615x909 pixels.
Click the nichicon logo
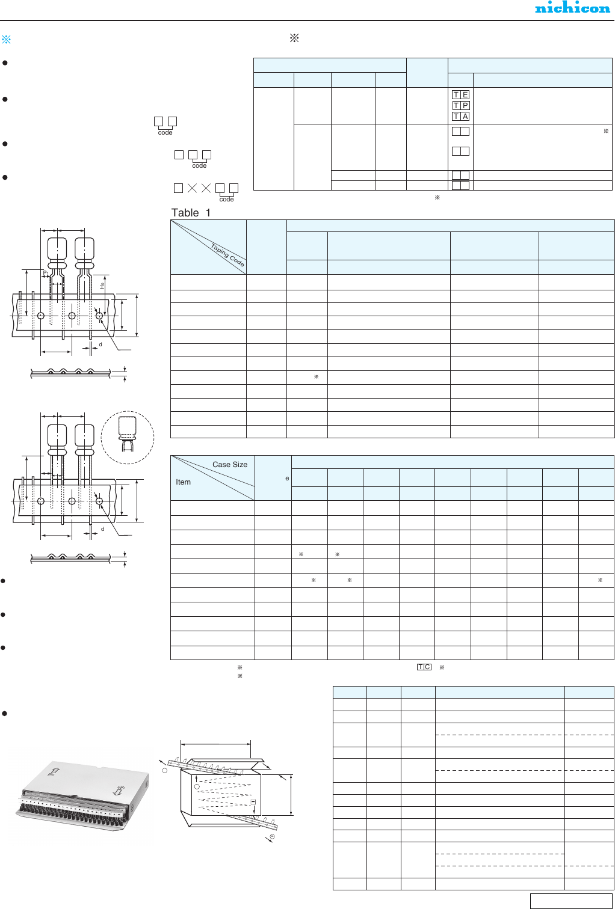pos(572,8)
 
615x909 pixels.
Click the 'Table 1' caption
pos(191,213)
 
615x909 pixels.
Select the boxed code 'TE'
pos(460,94)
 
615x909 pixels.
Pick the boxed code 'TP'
pos(460,106)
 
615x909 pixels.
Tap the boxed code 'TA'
pos(460,117)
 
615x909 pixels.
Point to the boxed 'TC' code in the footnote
pos(424,667)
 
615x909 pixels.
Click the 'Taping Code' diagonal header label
pos(227,255)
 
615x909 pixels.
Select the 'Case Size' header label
pos(230,465)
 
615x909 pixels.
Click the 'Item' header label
pos(183,482)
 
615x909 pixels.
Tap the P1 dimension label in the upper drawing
pos(46,273)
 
